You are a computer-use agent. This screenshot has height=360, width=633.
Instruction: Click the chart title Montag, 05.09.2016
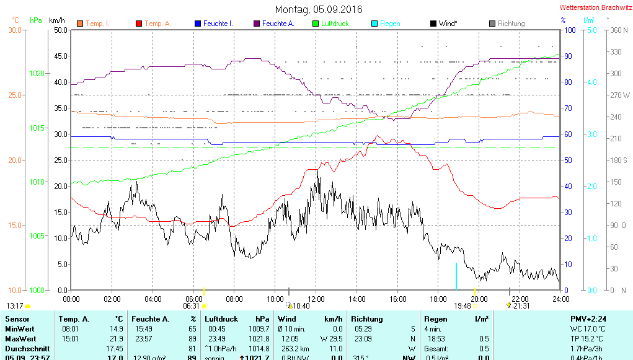pos(319,9)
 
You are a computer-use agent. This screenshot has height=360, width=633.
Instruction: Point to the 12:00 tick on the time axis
pos(316,299)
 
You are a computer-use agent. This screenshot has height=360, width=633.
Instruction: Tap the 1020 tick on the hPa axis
pos(37,74)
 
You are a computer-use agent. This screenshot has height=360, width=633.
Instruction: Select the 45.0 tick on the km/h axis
pos(61,56)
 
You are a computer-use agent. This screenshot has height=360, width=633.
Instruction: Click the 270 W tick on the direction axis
pos(620,95)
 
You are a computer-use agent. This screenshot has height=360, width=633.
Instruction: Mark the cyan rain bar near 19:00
pos(456,276)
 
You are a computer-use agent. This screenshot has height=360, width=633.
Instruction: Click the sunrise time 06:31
pos(191,305)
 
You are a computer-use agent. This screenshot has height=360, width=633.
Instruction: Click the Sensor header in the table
pos(17,319)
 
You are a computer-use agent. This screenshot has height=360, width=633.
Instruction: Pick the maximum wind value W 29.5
pos(331,339)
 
